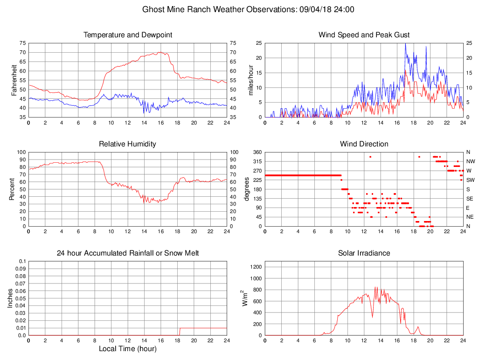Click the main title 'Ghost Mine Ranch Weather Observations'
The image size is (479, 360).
coord(217,9)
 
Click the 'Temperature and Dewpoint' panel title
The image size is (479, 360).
coord(128,35)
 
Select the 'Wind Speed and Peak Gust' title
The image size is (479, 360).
coord(364,35)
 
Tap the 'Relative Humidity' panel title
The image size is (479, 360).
coord(128,144)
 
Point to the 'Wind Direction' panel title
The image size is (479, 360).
coord(364,144)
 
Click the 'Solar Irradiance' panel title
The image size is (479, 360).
coord(364,253)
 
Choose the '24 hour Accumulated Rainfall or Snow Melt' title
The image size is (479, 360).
coord(128,253)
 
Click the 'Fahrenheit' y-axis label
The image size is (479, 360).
coord(14,80)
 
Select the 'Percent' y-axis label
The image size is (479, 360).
coord(14,189)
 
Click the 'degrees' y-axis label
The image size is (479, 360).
coord(247,189)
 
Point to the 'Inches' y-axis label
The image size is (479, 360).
coord(10,298)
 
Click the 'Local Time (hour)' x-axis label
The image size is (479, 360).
coord(128,348)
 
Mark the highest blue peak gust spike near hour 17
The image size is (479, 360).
coord(405,44)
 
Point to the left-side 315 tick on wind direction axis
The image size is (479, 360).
coord(257,161)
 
